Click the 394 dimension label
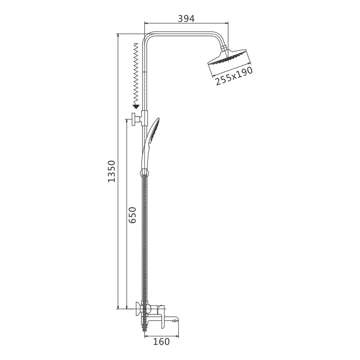tap(186, 19)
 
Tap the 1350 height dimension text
tap(112, 171)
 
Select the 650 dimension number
tap(132, 215)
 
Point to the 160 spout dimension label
tap(161, 341)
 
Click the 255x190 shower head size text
tap(234, 76)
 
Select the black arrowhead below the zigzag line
tap(136, 106)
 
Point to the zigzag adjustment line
tap(136, 73)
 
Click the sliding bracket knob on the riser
tap(134, 119)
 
